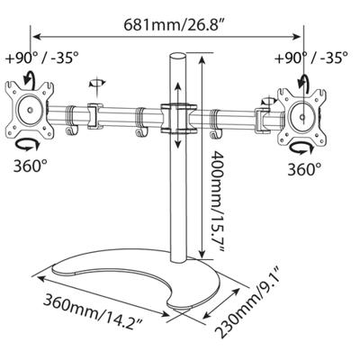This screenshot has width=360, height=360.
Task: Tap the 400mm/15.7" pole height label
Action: point(217,202)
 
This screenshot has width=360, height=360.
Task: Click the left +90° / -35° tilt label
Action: point(42,58)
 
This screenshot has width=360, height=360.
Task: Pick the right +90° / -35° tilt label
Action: point(311,57)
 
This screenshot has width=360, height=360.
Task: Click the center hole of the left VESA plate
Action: point(30,110)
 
